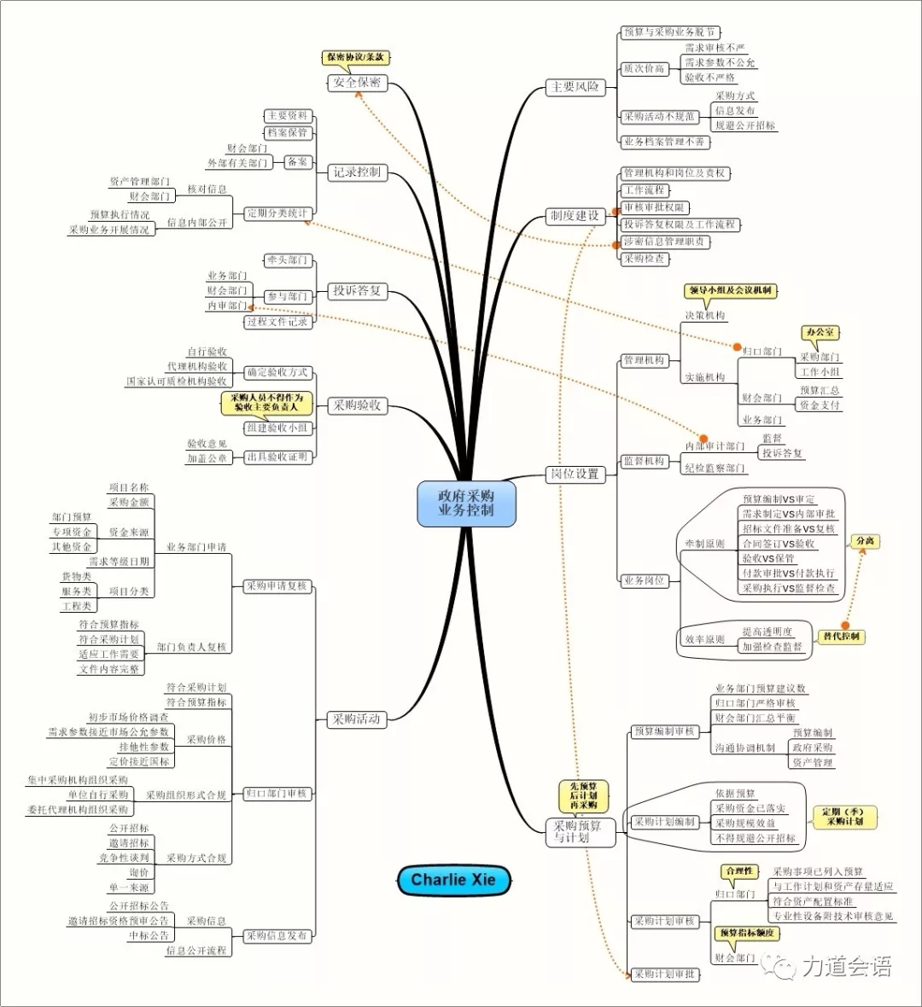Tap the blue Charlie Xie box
point(452,880)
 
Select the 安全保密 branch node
point(357,83)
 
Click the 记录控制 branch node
point(357,172)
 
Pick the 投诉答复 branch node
point(357,291)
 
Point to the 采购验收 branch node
point(357,405)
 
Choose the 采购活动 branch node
point(357,719)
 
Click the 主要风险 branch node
point(575,87)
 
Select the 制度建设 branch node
point(575,216)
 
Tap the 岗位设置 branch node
point(575,474)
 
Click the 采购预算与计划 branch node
point(578,832)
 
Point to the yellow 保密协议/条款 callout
point(355,57)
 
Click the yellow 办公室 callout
point(820,332)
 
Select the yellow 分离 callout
point(865,541)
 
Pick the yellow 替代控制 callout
point(841,637)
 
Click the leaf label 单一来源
point(129,888)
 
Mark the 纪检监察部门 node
point(715,469)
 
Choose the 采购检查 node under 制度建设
point(644,259)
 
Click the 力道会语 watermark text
point(845,966)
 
